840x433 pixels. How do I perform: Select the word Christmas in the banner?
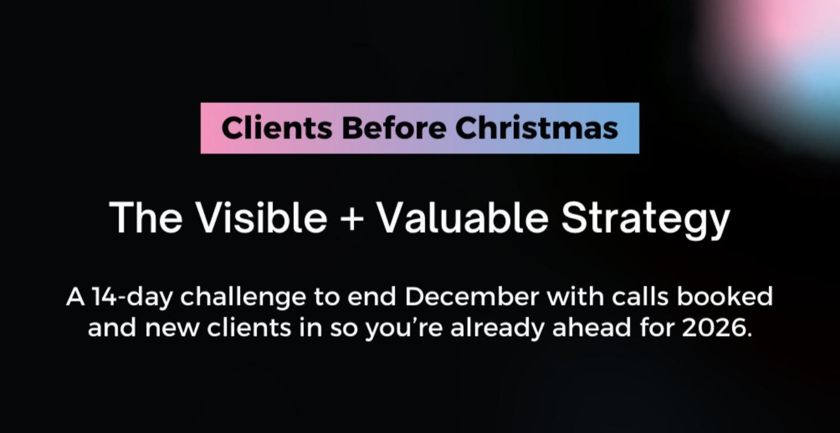click(537, 128)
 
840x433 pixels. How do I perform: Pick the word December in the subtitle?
click(472, 297)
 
